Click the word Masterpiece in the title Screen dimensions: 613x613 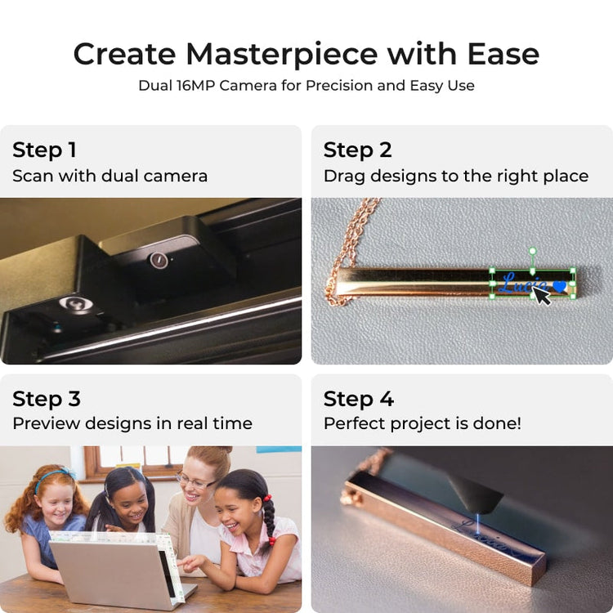(282, 54)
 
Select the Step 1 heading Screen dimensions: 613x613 (44, 150)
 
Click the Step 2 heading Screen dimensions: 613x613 (357, 150)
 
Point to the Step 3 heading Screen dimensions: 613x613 (47, 399)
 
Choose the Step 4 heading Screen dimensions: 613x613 (359, 399)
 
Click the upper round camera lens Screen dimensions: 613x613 (159, 260)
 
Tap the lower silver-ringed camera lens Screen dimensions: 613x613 (76, 303)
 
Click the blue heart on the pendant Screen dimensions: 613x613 (560, 287)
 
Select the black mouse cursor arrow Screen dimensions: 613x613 (542, 295)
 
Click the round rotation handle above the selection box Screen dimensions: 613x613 (532, 251)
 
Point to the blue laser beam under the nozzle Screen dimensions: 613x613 (478, 523)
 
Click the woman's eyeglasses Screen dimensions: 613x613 (195, 481)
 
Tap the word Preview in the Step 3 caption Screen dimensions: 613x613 (46, 423)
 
